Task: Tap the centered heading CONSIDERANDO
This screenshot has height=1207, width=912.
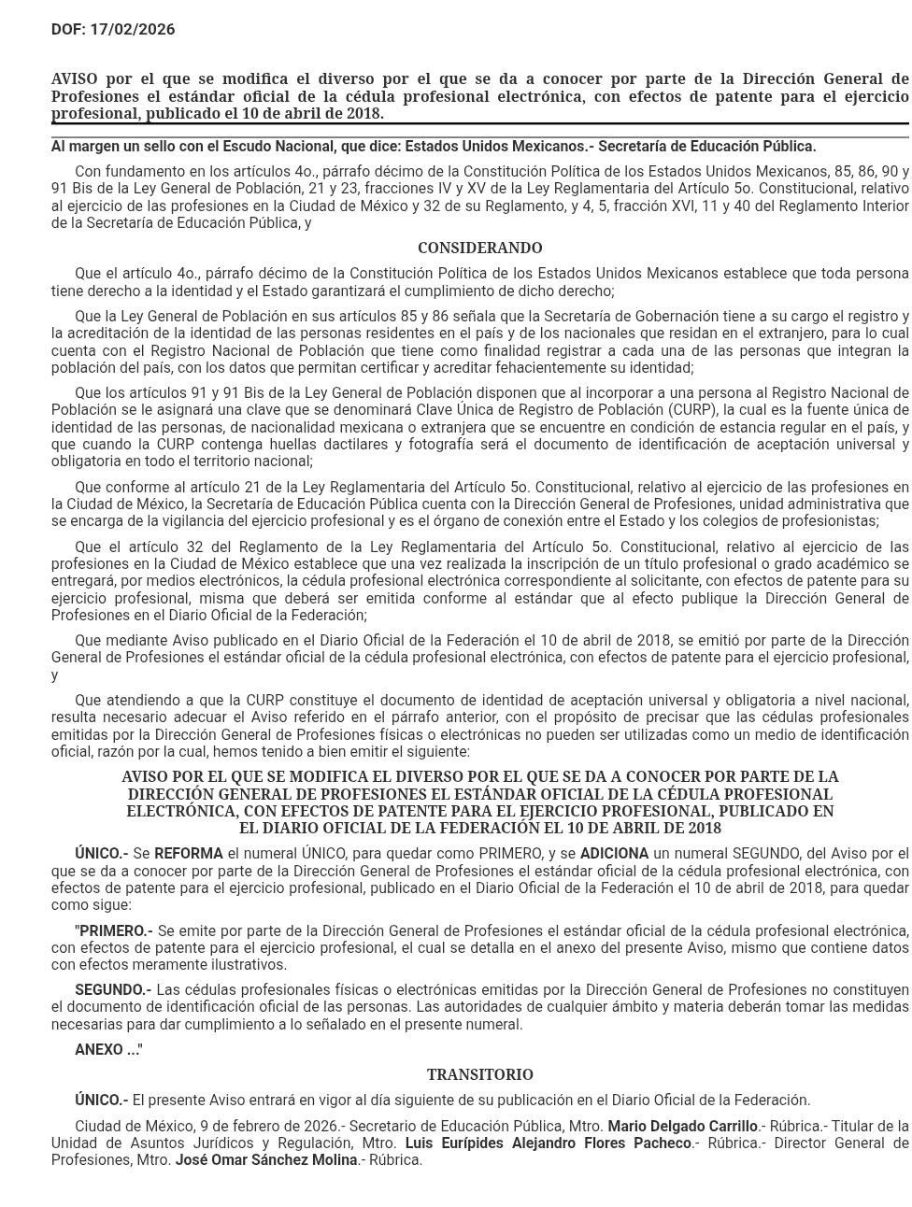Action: pos(479,248)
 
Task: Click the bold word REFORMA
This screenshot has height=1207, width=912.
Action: pos(189,854)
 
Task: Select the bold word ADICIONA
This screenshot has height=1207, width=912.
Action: pos(614,854)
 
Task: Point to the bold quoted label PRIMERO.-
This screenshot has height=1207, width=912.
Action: pos(115,931)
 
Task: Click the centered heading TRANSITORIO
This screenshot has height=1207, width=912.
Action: pos(479,1075)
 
